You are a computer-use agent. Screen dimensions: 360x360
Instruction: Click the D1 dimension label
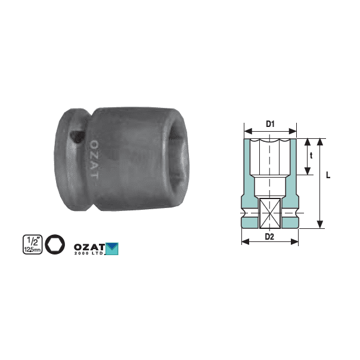click(269, 124)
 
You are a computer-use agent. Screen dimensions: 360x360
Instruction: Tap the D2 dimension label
click(269, 236)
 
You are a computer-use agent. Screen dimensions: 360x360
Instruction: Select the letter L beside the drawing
click(328, 176)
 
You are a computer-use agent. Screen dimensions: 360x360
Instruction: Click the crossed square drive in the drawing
click(269, 212)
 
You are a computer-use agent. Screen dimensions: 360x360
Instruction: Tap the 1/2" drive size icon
click(31, 244)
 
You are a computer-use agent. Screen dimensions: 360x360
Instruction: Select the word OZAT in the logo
click(89, 246)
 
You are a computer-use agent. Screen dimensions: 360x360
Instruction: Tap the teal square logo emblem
click(112, 247)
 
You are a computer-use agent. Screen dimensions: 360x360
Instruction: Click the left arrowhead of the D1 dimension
click(246, 131)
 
